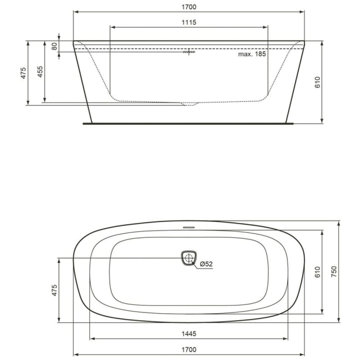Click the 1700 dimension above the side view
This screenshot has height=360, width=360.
click(x=189, y=7)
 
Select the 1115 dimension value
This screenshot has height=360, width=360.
click(x=189, y=23)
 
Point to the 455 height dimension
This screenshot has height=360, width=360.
click(x=40, y=71)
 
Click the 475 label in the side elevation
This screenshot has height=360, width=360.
click(x=23, y=73)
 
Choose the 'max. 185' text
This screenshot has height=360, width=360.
click(x=252, y=54)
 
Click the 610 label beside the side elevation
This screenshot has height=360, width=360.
click(x=317, y=82)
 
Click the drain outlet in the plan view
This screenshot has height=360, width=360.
click(x=189, y=258)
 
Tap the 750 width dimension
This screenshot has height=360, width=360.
click(x=334, y=271)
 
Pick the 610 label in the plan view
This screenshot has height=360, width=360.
click(x=317, y=271)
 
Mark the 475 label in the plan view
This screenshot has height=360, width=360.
click(x=54, y=290)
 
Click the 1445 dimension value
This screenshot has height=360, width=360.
click(x=189, y=334)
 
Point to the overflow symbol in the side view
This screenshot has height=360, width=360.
click(x=189, y=51)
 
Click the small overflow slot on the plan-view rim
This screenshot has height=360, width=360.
click(x=189, y=226)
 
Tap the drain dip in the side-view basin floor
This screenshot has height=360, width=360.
click(x=189, y=104)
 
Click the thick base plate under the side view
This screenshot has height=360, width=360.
click(x=189, y=123)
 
